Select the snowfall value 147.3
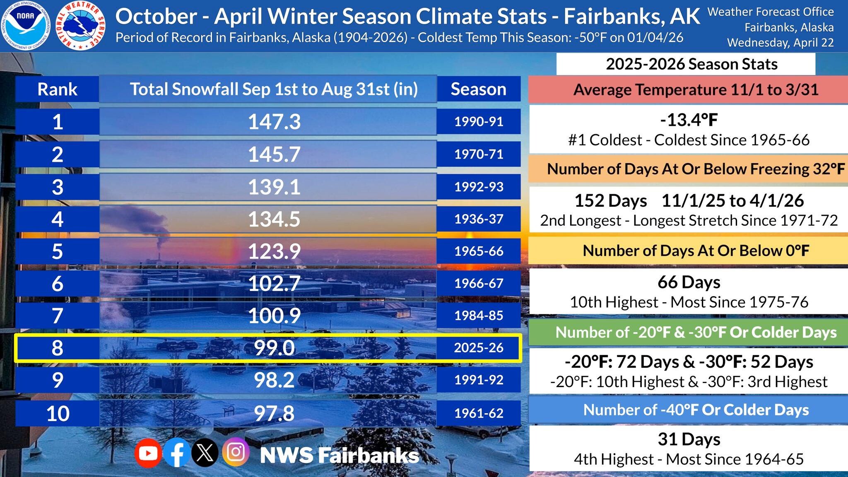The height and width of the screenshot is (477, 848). tap(274, 122)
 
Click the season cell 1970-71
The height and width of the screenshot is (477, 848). tap(479, 154)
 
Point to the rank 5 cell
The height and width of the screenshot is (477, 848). tap(57, 251)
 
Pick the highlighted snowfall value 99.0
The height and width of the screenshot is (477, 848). tap(274, 348)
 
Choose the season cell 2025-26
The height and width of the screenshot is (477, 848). tap(479, 348)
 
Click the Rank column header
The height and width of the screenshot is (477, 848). tap(57, 89)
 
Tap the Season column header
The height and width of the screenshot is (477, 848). tap(479, 89)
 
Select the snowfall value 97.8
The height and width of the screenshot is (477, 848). tap(274, 413)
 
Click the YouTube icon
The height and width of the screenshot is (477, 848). tap(148, 453)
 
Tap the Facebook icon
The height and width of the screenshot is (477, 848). tap(177, 453)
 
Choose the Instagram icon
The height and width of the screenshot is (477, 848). tap(236, 452)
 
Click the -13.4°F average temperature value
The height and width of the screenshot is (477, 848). tap(689, 120)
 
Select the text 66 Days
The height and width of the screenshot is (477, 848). tap(689, 282)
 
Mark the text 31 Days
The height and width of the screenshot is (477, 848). tap(689, 439)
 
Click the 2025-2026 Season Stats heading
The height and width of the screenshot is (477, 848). tap(691, 64)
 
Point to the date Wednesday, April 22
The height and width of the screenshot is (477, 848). tap(780, 43)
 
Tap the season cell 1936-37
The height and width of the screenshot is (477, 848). tap(479, 219)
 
